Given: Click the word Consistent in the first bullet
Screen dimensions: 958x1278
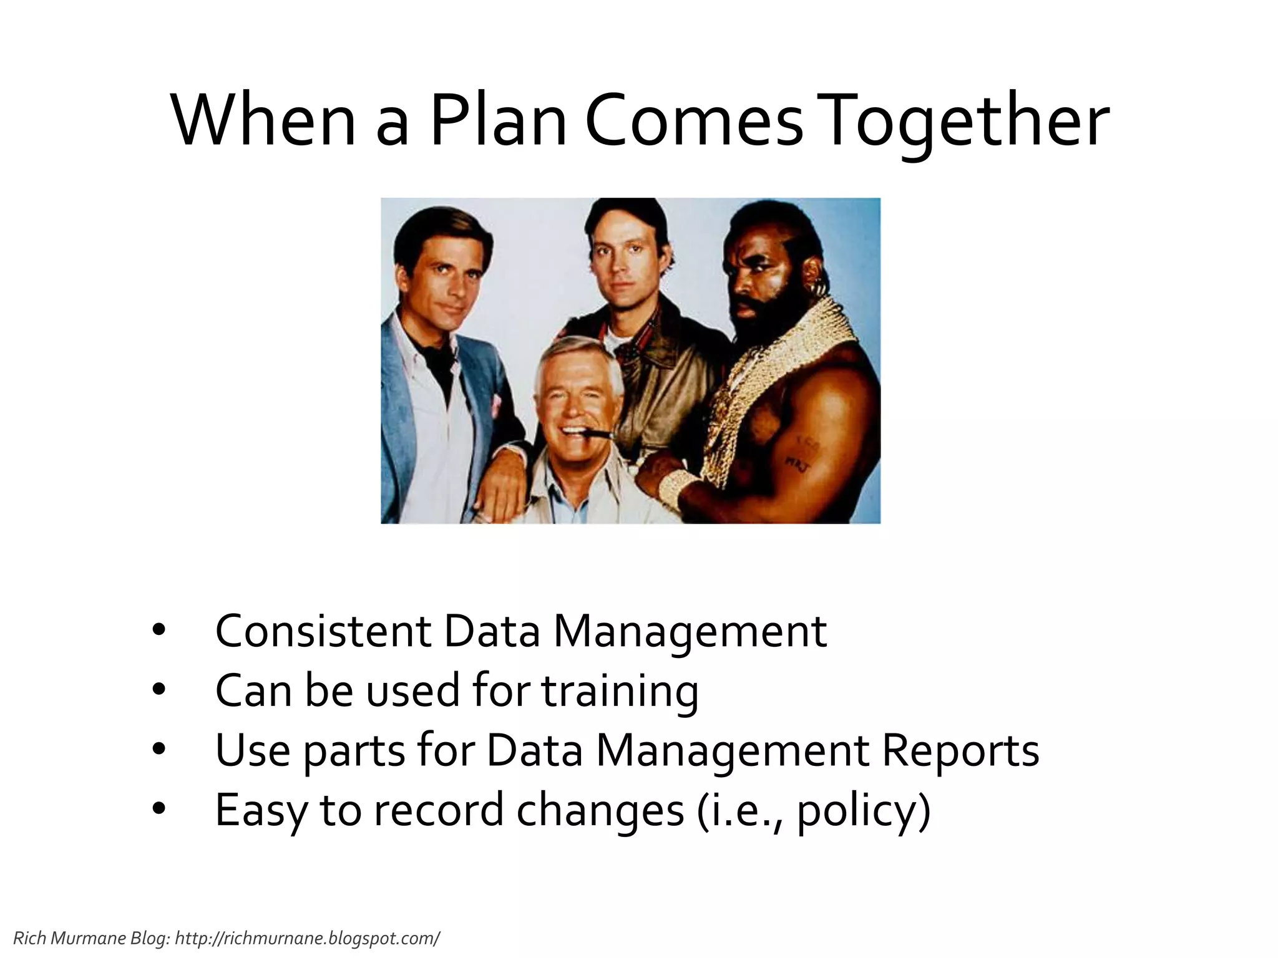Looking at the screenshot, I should [323, 631].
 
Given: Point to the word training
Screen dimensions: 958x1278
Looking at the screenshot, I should [620, 691].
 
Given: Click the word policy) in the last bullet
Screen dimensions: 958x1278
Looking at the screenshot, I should [864, 810].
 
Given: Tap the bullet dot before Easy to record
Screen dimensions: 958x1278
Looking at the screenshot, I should [159, 809].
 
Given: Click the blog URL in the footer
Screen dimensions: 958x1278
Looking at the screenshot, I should [307, 938].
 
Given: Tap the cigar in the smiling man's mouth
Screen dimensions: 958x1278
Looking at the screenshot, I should [598, 431].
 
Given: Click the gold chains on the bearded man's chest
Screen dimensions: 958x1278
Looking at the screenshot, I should [749, 387].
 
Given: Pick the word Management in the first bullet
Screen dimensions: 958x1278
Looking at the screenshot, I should [690, 631].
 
